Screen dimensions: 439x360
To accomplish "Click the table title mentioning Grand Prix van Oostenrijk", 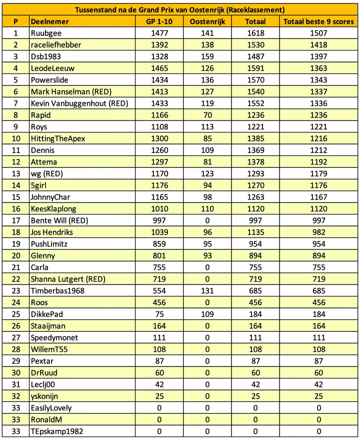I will [180, 9].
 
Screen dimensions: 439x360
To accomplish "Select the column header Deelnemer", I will [49, 21].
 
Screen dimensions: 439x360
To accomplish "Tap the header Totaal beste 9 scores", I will [318, 21].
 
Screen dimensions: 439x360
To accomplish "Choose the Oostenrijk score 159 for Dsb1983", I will [207, 56].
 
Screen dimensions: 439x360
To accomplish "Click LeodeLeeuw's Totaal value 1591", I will [255, 68].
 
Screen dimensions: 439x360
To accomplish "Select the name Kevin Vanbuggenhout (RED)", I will [79, 103].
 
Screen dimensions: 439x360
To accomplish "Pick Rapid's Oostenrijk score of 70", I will [207, 115].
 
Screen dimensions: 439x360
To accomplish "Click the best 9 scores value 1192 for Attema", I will [318, 162].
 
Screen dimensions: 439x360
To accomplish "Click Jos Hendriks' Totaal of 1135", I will [255, 232].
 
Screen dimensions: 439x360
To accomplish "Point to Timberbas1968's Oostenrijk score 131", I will [207, 291].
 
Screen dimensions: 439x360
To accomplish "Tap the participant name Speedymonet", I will [54, 337].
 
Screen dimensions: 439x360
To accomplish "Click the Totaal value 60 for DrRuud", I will [255, 373].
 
